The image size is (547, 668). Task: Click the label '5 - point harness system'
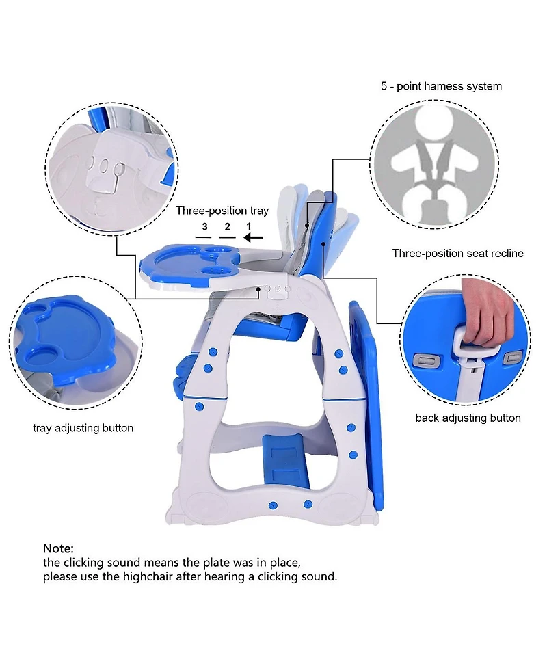click(441, 86)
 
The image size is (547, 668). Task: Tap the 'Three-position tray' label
click(222, 211)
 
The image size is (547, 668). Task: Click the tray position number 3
click(204, 226)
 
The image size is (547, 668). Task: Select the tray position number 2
click(227, 226)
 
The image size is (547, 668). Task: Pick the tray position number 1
click(249, 226)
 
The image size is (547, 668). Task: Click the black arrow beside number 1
click(253, 238)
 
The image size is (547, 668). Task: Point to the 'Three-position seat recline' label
click(457, 254)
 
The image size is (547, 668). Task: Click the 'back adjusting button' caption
click(468, 418)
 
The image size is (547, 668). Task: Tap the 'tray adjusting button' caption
click(83, 428)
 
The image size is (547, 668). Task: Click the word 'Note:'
click(58, 548)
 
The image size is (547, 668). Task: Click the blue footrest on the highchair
click(284, 462)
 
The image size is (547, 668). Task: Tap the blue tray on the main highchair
click(189, 265)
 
